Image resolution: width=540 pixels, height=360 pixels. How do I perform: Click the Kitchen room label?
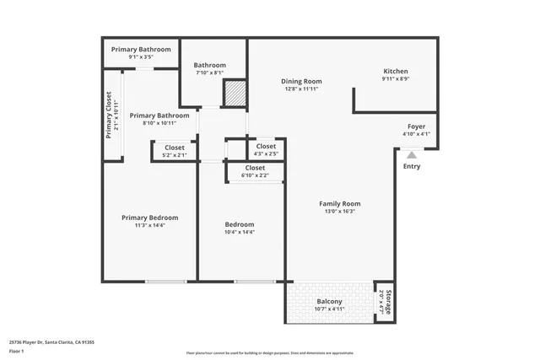(x=396, y=72)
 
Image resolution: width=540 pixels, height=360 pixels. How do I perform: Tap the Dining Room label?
(x=302, y=82)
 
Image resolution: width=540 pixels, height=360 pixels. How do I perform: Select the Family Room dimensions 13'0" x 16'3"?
(x=339, y=212)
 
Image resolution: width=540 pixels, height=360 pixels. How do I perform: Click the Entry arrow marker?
(x=411, y=154)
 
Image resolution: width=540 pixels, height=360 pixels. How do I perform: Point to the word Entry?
(x=411, y=166)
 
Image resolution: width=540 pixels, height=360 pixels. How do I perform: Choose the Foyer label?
(x=416, y=126)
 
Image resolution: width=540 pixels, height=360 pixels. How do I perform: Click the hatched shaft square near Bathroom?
(x=235, y=93)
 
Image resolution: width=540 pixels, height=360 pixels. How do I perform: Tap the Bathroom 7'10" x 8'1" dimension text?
(x=209, y=73)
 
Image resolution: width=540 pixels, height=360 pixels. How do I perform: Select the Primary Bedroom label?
(x=149, y=218)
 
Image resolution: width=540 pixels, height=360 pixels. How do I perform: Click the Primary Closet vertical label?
(x=109, y=116)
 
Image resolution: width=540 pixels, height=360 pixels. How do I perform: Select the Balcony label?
(x=329, y=302)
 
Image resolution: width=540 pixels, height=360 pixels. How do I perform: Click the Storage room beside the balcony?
(x=383, y=302)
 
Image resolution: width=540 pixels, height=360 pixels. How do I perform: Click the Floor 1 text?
(x=18, y=352)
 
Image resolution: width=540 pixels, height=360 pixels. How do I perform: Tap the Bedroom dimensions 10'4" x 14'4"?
(x=240, y=232)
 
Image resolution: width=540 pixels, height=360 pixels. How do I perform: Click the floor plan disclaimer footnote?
(x=271, y=352)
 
